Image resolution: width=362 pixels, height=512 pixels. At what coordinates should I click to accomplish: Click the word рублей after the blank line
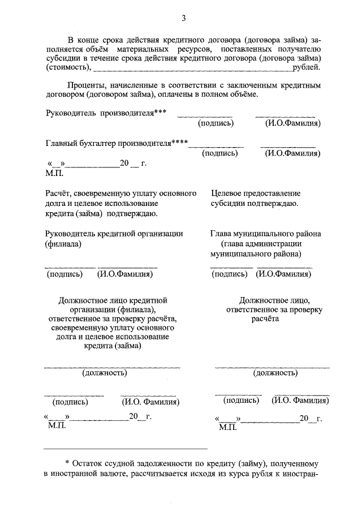[306, 68]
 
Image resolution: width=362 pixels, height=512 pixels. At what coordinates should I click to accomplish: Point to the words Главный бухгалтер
[80, 143]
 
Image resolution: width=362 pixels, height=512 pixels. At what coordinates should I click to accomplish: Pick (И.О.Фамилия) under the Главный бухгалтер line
[293, 153]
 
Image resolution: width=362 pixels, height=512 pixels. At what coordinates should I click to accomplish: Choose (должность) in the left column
[105, 373]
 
